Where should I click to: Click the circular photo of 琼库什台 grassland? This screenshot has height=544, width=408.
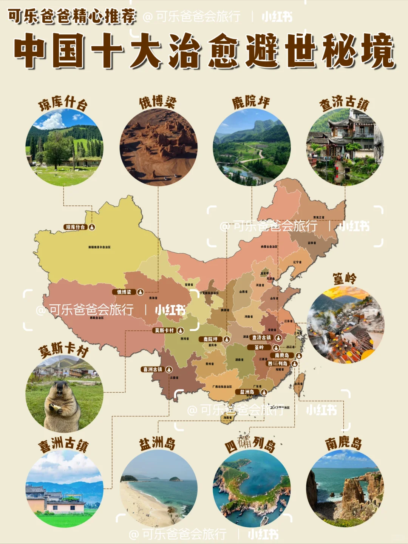pos(64,147)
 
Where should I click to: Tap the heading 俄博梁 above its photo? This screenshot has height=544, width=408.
pos(158,102)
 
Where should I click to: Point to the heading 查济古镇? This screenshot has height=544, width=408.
pos(344,103)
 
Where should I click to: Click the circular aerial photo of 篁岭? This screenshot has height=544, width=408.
pos(345,325)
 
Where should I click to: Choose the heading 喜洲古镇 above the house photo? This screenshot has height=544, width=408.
pos(63,444)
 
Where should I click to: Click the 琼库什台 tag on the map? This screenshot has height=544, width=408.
pos(76,227)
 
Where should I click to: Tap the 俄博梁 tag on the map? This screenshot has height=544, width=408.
pos(124,292)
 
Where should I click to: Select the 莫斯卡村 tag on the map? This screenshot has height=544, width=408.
pos(164,330)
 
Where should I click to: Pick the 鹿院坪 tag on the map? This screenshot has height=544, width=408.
pos(211,339)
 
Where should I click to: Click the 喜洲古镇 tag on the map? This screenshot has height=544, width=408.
pos(153,369)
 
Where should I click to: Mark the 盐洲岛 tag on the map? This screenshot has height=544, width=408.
pos(248,392)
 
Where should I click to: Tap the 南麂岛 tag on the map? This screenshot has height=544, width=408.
pos(282,355)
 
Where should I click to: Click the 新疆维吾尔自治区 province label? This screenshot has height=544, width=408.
pos(99,247)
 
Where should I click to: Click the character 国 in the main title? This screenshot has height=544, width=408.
pos(68,51)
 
